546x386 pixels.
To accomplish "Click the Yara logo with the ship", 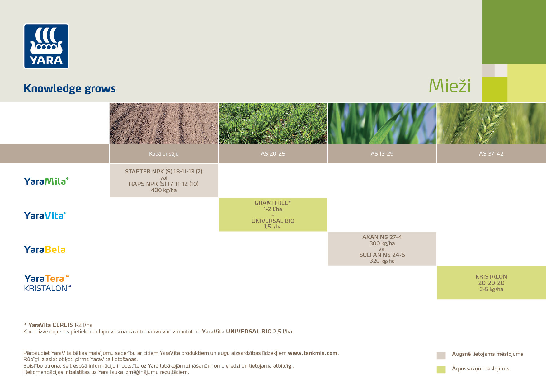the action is click(x=46, y=46).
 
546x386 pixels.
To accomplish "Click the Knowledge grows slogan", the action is click(x=70, y=89).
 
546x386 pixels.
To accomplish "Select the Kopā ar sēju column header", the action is click(x=164, y=154).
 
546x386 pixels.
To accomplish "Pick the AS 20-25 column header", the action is click(x=273, y=154).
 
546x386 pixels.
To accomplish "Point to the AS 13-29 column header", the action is click(x=382, y=154).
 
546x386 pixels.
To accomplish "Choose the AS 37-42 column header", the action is click(x=491, y=154).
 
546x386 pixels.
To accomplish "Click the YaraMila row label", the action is click(x=46, y=181).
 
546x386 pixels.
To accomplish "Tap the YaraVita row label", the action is click(x=45, y=215).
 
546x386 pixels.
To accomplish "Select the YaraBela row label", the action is click(x=45, y=250).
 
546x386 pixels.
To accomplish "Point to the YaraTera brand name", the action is click(x=46, y=278).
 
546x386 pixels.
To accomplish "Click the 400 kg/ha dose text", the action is click(x=164, y=190).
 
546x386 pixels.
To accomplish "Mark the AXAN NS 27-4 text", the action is click(x=382, y=237).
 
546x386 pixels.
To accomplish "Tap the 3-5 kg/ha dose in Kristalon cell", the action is click(x=491, y=289).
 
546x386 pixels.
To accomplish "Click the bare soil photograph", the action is click(x=164, y=123).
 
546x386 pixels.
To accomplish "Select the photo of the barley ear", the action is click(x=492, y=123).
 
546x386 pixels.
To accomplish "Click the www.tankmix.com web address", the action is click(x=313, y=353).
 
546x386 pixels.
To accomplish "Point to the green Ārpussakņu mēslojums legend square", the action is click(x=441, y=370).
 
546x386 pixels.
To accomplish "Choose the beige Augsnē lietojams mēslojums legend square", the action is click(x=441, y=355).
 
